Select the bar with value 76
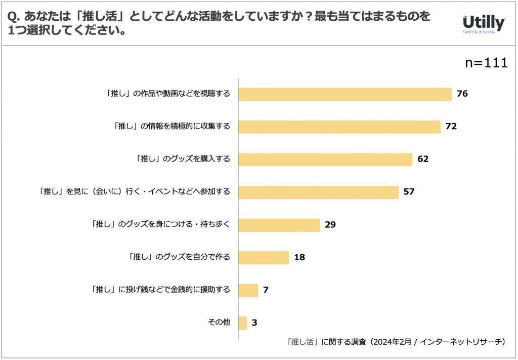pos(344,94)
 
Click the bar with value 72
pos(339,127)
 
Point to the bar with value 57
pos(318,192)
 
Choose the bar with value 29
pos(279,225)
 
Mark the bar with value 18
pos(263,257)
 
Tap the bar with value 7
pos(248,290)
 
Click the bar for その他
pos(242,323)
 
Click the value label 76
pos(462,94)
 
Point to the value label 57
pos(409,192)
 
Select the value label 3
pos(254,323)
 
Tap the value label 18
pos(299,257)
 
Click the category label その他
pos(219,323)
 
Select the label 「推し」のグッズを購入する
pos(183,159)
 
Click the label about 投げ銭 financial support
pos(160,290)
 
